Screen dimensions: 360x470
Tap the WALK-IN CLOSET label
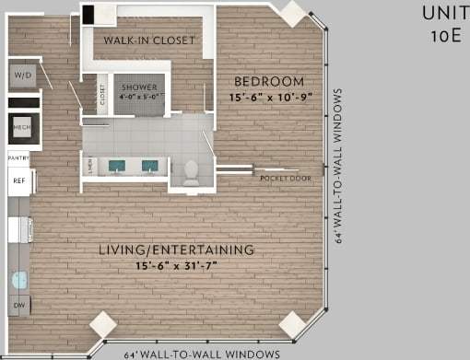pyautogui.click(x=148, y=41)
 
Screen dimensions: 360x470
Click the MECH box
pyautogui.click(x=21, y=126)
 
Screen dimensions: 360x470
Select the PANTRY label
pyautogui.click(x=19, y=159)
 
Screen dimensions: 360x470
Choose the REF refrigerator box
pyautogui.click(x=19, y=180)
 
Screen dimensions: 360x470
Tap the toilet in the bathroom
pyautogui.click(x=192, y=171)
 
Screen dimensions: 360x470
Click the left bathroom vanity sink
pyautogui.click(x=117, y=167)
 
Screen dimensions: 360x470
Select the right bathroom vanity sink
pyautogui.click(x=148, y=167)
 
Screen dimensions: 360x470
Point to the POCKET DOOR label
pyautogui.click(x=285, y=177)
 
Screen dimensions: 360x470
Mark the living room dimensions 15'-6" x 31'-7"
pyautogui.click(x=178, y=265)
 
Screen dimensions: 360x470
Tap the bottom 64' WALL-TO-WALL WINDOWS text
pyautogui.click(x=202, y=354)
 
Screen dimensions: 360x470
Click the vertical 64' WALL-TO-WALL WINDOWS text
pyautogui.click(x=340, y=165)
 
